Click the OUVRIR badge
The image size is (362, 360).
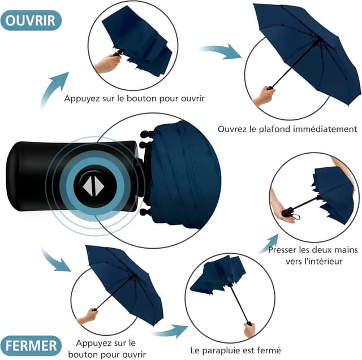point(31,21)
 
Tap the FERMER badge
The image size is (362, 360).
point(31,344)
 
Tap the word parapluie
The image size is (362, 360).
point(222,350)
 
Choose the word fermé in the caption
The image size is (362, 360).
point(269,350)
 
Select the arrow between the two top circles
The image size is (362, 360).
point(221,51)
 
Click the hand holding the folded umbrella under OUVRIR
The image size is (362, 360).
point(107,63)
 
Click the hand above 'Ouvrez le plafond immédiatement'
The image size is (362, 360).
point(264,96)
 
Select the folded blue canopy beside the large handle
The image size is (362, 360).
point(184,175)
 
